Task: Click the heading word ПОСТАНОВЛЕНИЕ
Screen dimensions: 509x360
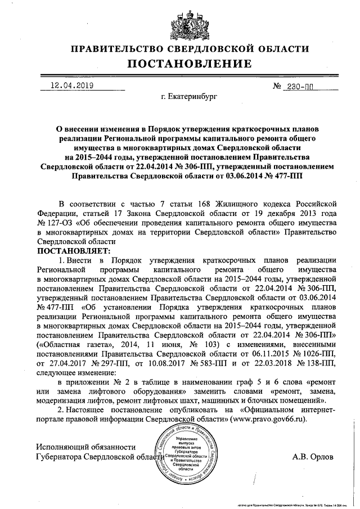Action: (180, 64)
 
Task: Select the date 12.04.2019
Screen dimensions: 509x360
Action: (71, 87)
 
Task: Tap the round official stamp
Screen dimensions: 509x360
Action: (187, 455)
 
